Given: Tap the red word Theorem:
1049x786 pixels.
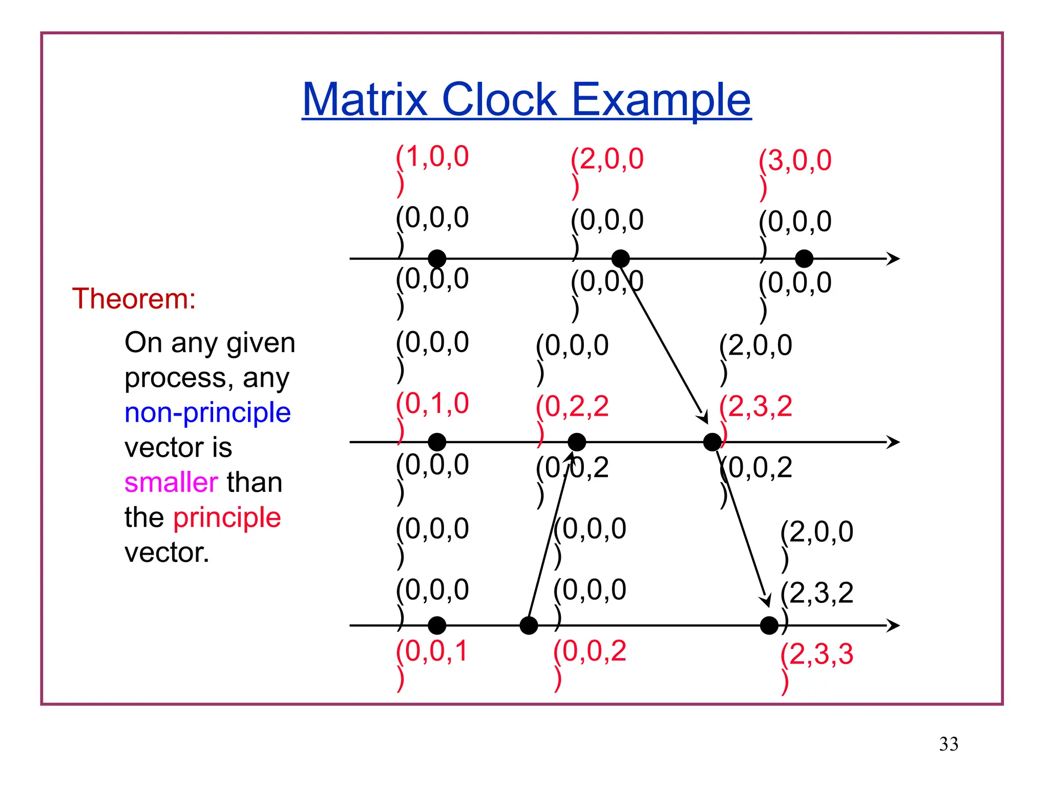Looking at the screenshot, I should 134,299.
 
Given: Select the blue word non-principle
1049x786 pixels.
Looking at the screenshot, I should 207,412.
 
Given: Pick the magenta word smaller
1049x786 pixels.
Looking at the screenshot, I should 171,483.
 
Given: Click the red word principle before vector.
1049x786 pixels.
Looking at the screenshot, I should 227,517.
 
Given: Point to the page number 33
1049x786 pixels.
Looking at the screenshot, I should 948,744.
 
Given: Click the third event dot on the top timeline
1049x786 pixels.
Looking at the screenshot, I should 804,259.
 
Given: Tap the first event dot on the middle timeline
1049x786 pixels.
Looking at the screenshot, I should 437,442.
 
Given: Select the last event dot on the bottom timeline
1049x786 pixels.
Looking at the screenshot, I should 769,625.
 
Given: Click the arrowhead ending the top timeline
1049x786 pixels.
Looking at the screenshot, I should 893,259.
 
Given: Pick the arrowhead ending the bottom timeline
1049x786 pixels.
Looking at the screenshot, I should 893,625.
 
